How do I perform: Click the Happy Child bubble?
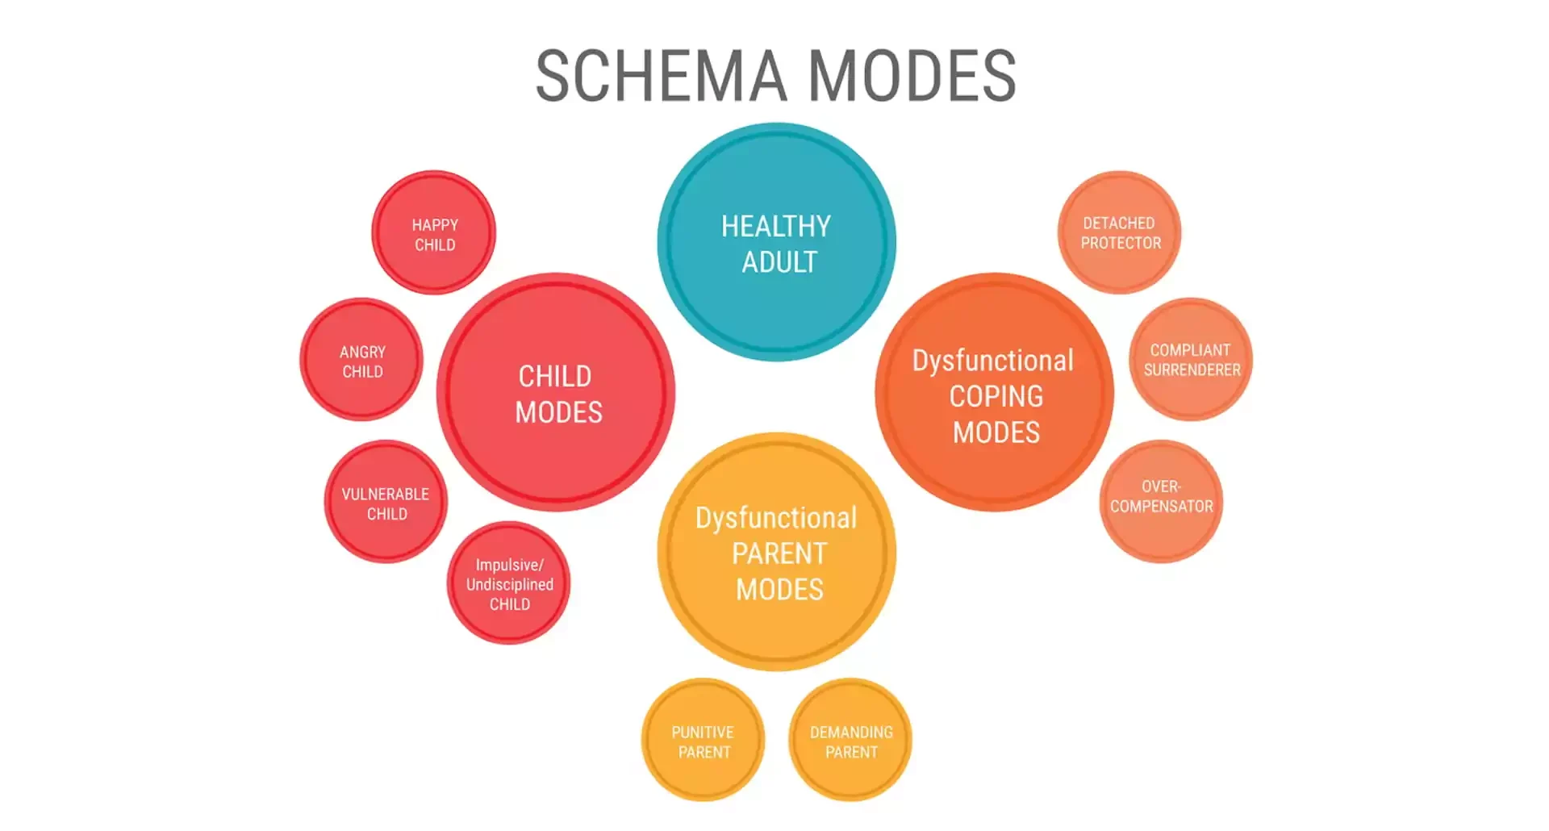pos(434,234)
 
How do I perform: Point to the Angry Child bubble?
pos(361,361)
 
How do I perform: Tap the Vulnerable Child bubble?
pos(386,503)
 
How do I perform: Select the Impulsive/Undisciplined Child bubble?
pos(509,583)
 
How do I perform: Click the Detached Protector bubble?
pos(1120,232)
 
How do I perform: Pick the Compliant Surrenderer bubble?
pos(1191,360)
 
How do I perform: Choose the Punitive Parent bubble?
pos(703,741)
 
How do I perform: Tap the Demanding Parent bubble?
pos(850,741)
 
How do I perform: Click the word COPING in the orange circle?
pos(996,396)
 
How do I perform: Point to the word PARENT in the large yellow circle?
pos(779,553)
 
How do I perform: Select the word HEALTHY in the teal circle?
pos(776,227)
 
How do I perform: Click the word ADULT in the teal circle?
pos(779,262)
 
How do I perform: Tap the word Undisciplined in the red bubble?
pos(510,584)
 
